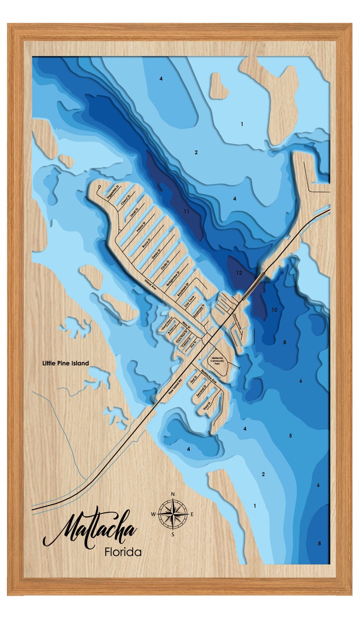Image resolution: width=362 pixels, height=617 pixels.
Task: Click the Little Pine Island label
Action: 65,363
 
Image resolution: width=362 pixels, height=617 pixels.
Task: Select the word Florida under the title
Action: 123,552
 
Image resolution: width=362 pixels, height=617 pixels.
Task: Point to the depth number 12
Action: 239,272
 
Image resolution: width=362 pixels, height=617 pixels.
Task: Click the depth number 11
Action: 186,211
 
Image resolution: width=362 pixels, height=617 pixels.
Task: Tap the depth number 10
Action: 274,310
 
